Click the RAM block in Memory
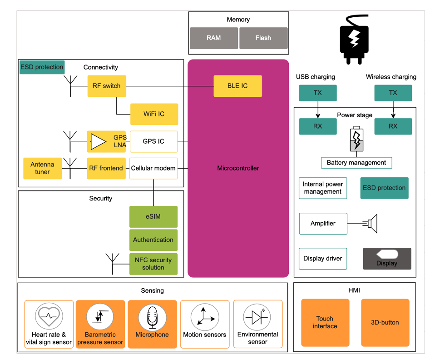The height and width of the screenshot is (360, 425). [213, 38]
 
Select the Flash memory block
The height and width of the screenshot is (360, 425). [263, 38]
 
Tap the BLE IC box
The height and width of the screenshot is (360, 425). [238, 86]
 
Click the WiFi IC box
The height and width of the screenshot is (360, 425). [154, 114]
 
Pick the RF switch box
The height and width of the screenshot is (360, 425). [107, 86]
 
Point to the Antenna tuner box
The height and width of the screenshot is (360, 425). [42, 168]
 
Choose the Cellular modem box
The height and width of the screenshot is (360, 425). [153, 168]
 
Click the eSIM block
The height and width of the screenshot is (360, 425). [153, 217]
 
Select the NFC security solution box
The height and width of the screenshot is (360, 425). [153, 264]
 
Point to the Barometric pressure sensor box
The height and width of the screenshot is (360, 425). [100, 324]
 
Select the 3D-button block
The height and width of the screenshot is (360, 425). [385, 322]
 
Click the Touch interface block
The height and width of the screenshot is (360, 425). [325, 322]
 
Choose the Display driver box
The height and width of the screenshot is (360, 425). [323, 259]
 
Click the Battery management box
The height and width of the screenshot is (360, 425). [356, 163]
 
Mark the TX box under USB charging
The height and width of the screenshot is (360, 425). [318, 93]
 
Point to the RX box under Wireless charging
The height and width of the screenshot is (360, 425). [393, 126]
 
